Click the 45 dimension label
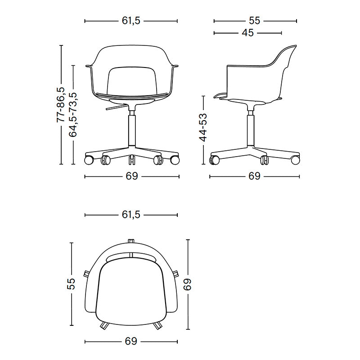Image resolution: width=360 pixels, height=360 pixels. [248, 33]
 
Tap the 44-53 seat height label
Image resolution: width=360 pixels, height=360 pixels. [203, 127]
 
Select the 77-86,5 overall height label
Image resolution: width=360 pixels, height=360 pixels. [61, 104]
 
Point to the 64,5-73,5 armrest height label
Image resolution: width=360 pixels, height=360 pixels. [73, 115]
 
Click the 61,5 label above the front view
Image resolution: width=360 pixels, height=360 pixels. [131, 21]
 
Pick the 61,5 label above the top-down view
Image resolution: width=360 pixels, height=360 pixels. [131, 215]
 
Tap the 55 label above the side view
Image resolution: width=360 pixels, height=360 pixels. [254, 21]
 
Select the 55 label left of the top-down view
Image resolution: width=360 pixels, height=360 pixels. [72, 284]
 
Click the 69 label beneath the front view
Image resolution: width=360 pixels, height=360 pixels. [132, 176]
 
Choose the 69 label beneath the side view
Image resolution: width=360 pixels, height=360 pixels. [254, 176]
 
